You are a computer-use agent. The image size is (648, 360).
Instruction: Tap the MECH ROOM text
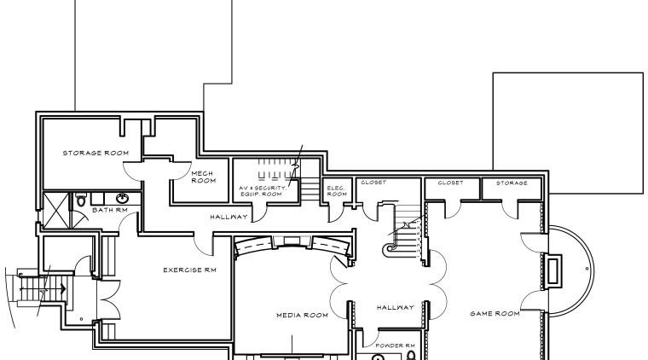pyautogui.click(x=202, y=177)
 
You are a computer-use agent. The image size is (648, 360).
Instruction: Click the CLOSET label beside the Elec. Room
pyautogui.click(x=373, y=183)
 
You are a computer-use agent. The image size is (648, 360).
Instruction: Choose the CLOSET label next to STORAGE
pyautogui.click(x=450, y=183)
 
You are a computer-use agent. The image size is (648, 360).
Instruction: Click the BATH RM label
pyautogui.click(x=109, y=209)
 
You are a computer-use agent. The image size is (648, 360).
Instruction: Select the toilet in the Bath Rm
pyautogui.click(x=80, y=200)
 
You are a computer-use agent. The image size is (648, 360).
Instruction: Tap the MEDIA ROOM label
pyautogui.click(x=302, y=315)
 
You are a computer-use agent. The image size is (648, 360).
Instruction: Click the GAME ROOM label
pyautogui.click(x=495, y=314)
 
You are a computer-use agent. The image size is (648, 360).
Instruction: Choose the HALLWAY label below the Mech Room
pyautogui.click(x=229, y=217)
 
